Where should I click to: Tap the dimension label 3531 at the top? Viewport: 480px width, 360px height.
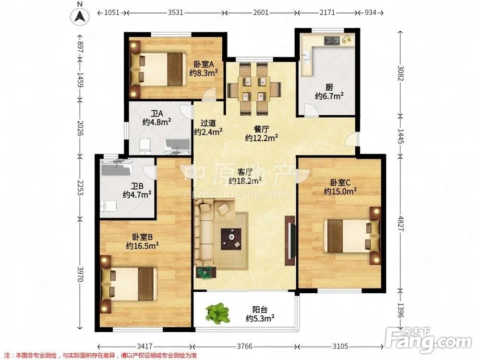(x=175, y=12)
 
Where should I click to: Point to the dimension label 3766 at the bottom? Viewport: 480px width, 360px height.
(x=245, y=346)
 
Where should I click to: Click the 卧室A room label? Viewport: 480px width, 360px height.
(x=204, y=64)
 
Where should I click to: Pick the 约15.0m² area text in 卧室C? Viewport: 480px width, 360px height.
(x=340, y=192)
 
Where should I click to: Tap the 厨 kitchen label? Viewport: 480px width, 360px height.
(x=329, y=87)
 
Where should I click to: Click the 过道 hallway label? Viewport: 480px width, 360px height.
(x=208, y=123)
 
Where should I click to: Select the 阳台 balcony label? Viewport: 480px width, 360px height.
(x=260, y=310)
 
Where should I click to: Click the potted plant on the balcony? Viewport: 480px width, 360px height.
(x=217, y=313)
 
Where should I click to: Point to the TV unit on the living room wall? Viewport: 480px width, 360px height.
(x=290, y=240)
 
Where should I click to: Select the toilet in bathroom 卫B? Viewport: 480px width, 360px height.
(x=108, y=206)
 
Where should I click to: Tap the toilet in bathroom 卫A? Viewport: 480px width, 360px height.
(x=145, y=146)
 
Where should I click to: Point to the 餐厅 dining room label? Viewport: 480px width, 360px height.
(x=262, y=129)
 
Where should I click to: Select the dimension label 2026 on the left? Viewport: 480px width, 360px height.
(x=80, y=128)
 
